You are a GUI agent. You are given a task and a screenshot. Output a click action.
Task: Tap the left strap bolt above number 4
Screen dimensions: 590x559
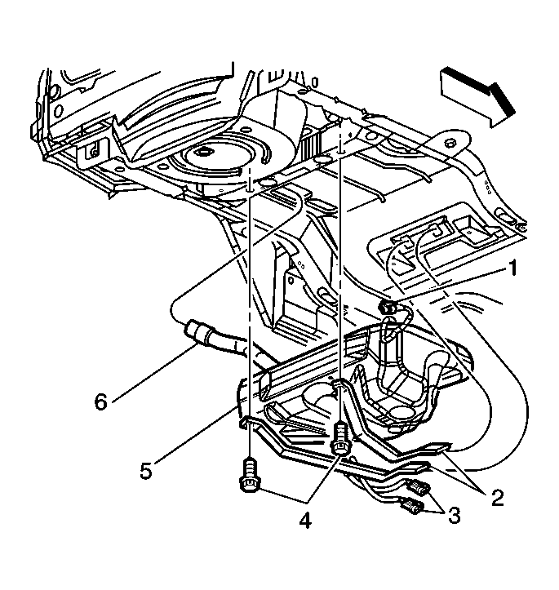248,477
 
